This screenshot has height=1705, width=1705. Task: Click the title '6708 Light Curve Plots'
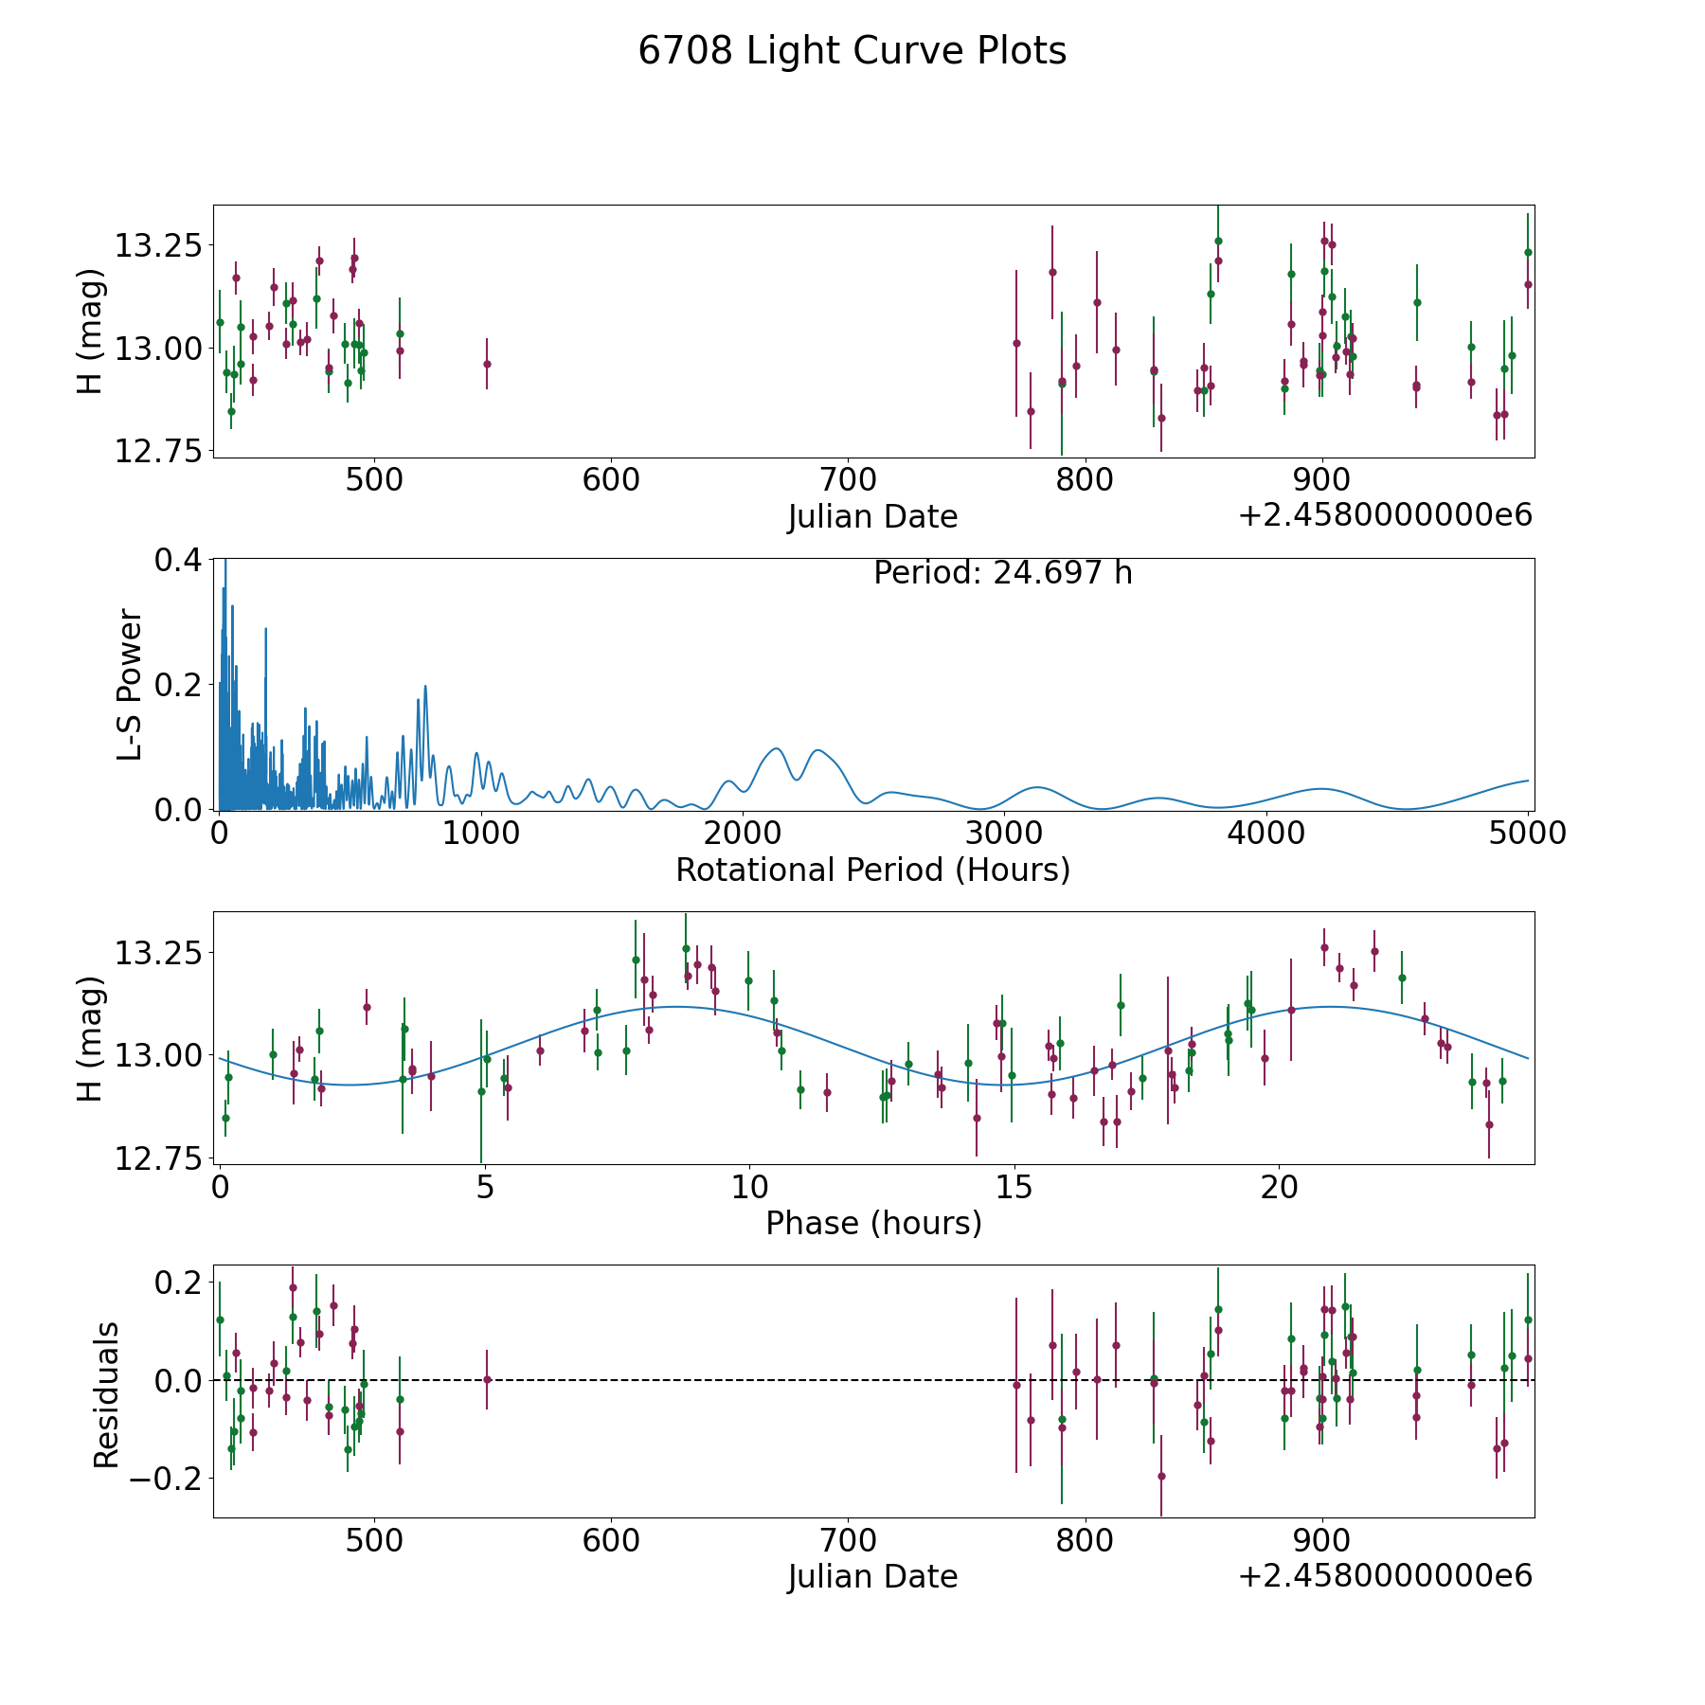852,51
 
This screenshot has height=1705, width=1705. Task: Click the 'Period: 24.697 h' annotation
1002,573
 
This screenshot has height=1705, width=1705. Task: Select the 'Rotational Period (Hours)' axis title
872,870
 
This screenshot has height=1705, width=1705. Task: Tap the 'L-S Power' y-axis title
131,684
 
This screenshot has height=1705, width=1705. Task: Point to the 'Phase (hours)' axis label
873,1223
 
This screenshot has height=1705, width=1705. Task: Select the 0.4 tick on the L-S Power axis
178,560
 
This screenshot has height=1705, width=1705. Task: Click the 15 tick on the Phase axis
1014,1187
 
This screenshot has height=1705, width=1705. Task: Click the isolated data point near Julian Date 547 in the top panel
487,364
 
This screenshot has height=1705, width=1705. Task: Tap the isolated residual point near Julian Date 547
487,1379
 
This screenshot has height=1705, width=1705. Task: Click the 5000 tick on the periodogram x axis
1527,834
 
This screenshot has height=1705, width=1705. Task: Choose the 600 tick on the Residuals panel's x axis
610,1540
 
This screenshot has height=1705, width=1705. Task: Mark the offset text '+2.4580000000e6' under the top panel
1385,516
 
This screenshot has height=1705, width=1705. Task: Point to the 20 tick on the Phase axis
1279,1187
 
